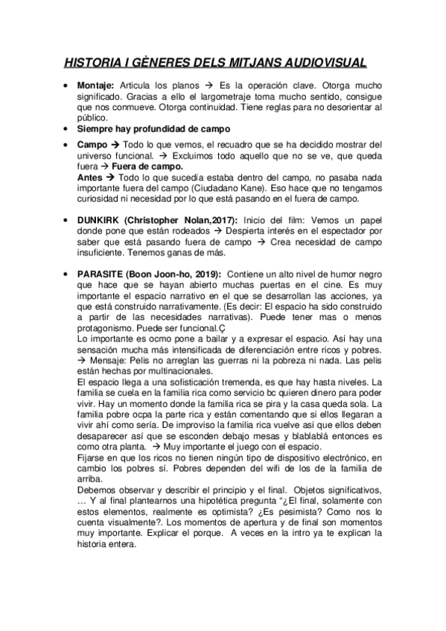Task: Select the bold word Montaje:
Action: tap(96, 86)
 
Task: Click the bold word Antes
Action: tap(89, 179)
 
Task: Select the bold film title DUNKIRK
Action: tap(99, 220)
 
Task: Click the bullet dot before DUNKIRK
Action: tap(67, 221)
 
